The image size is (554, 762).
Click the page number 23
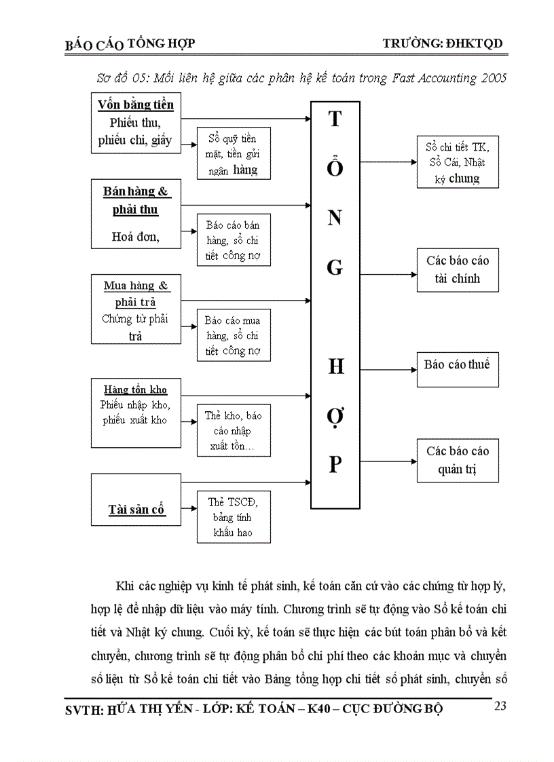click(500, 706)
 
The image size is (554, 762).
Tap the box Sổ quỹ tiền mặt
click(234, 153)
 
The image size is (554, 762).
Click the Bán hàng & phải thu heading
click(136, 201)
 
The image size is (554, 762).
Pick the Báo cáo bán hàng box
click(234, 241)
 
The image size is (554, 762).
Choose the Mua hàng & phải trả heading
click(136, 293)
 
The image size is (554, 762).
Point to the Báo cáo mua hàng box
click(234, 336)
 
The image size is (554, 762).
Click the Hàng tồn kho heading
click(136, 390)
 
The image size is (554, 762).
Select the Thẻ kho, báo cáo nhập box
click(234, 431)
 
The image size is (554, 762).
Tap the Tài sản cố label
click(136, 510)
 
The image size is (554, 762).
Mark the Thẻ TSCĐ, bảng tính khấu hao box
click(234, 517)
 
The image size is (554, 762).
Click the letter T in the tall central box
click(335, 119)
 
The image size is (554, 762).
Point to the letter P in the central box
click(335, 465)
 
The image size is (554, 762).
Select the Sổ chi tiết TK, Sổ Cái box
click(458, 162)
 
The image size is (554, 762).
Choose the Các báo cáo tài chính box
click(458, 269)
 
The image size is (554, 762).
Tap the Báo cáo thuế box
click(458, 366)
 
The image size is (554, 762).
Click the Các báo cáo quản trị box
click(458, 460)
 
